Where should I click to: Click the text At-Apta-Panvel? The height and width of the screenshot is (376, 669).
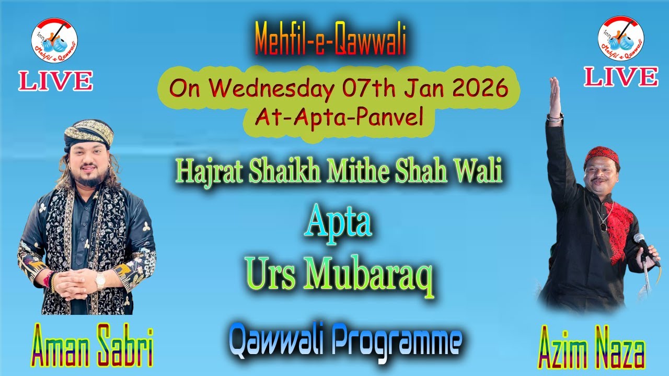[x=339, y=118]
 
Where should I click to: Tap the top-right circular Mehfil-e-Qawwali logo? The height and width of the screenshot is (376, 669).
[x=621, y=38]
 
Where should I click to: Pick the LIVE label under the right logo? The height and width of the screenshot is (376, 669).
[x=621, y=77]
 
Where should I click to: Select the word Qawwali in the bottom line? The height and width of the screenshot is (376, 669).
[x=272, y=343]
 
